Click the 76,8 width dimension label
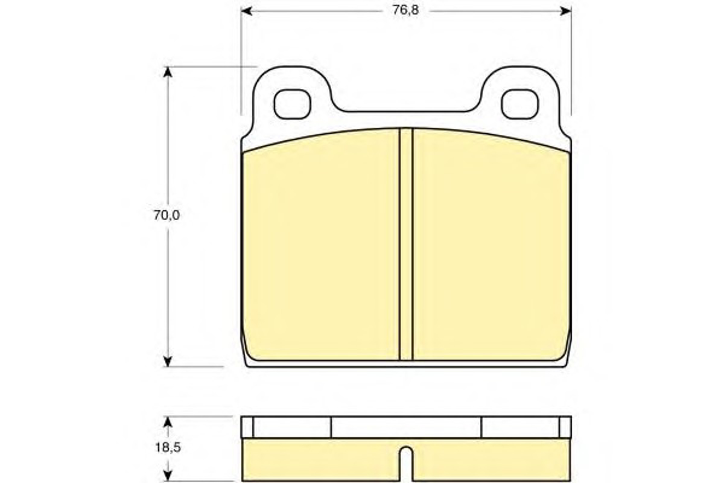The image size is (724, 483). [405, 11]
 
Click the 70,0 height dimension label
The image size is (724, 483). [167, 215]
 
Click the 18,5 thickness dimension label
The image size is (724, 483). [167, 448]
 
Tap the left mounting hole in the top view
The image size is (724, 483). [292, 104]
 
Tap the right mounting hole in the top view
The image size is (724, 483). [520, 104]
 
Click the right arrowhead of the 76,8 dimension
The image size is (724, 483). [566, 11]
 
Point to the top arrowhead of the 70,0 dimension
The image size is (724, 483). [167, 72]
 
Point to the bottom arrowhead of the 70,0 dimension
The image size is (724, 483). [167, 361]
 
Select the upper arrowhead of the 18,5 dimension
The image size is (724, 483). [167, 422]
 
